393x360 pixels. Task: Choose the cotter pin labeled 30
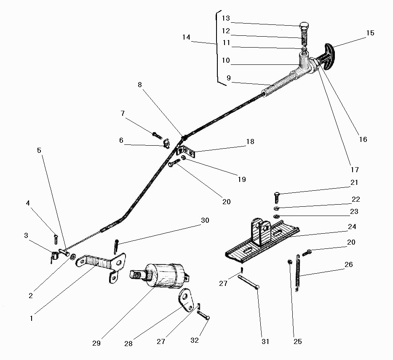(x=116, y=244)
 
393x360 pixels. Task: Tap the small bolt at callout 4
(x=55, y=239)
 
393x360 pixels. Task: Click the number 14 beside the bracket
(x=186, y=37)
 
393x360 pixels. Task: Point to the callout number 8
(x=140, y=85)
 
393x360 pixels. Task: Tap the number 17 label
(x=355, y=170)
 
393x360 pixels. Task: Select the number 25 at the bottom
(x=297, y=341)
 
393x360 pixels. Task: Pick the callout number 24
(x=352, y=227)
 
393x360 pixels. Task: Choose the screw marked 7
(x=157, y=136)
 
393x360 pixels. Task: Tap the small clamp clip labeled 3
(x=54, y=256)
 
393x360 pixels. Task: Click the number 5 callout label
(x=39, y=150)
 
